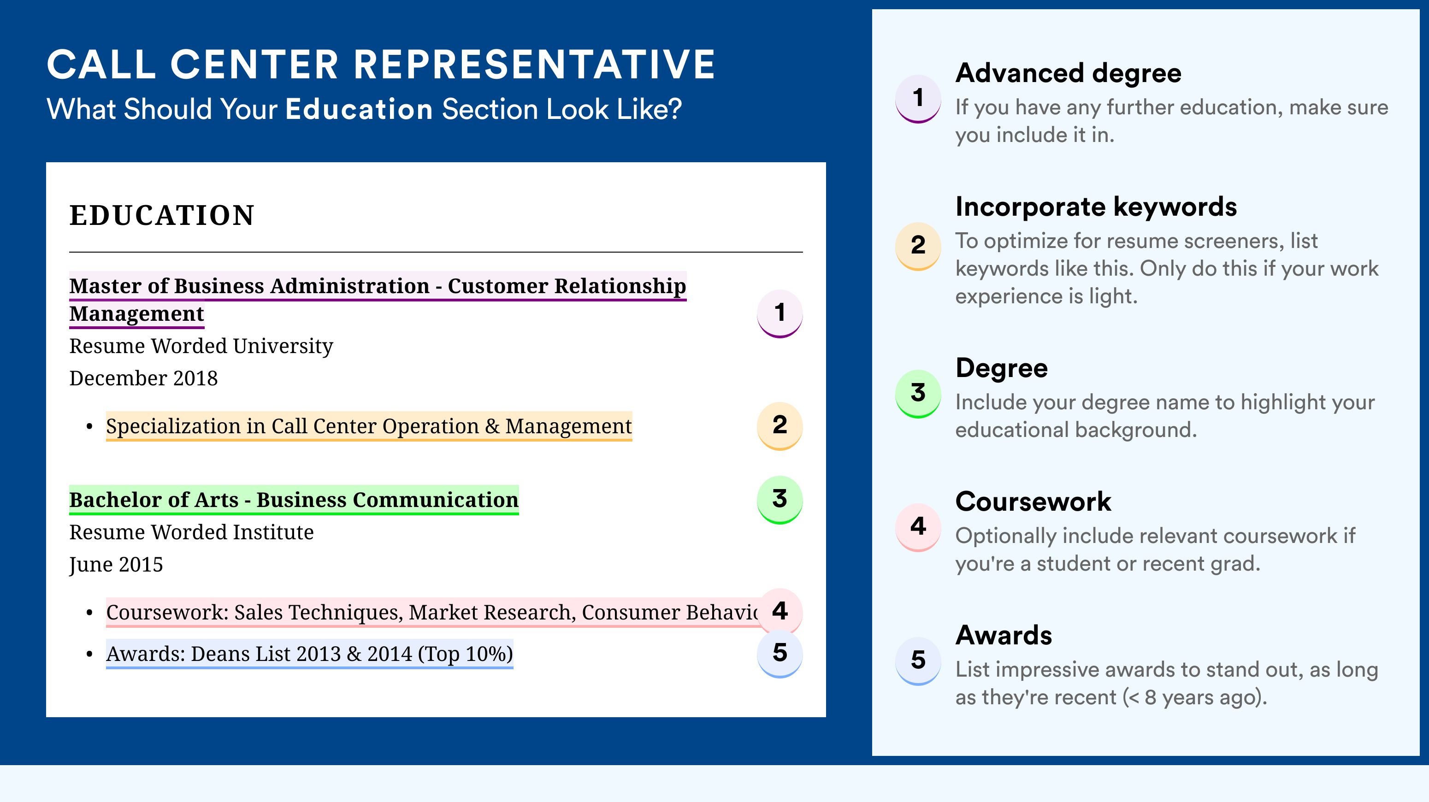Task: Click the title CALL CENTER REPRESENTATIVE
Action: [381, 65]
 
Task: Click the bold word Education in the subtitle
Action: [359, 109]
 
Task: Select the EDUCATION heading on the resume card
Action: [161, 215]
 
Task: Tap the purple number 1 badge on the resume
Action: [779, 313]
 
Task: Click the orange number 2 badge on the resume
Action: [779, 425]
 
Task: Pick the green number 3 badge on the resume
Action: [779, 500]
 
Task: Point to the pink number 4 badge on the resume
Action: [779, 611]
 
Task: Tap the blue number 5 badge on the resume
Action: [779, 654]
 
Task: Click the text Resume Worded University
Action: [201, 346]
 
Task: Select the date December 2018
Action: [143, 378]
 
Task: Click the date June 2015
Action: [116, 565]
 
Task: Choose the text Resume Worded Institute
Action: [191, 532]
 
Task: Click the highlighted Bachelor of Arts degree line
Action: [294, 500]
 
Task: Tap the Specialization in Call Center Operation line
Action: [369, 426]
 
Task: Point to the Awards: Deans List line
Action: [310, 654]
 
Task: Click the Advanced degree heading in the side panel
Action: [1069, 73]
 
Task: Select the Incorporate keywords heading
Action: [1096, 207]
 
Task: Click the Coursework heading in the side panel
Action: [1033, 501]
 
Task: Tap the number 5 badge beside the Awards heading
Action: [918, 660]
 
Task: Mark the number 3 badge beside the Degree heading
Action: [918, 393]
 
